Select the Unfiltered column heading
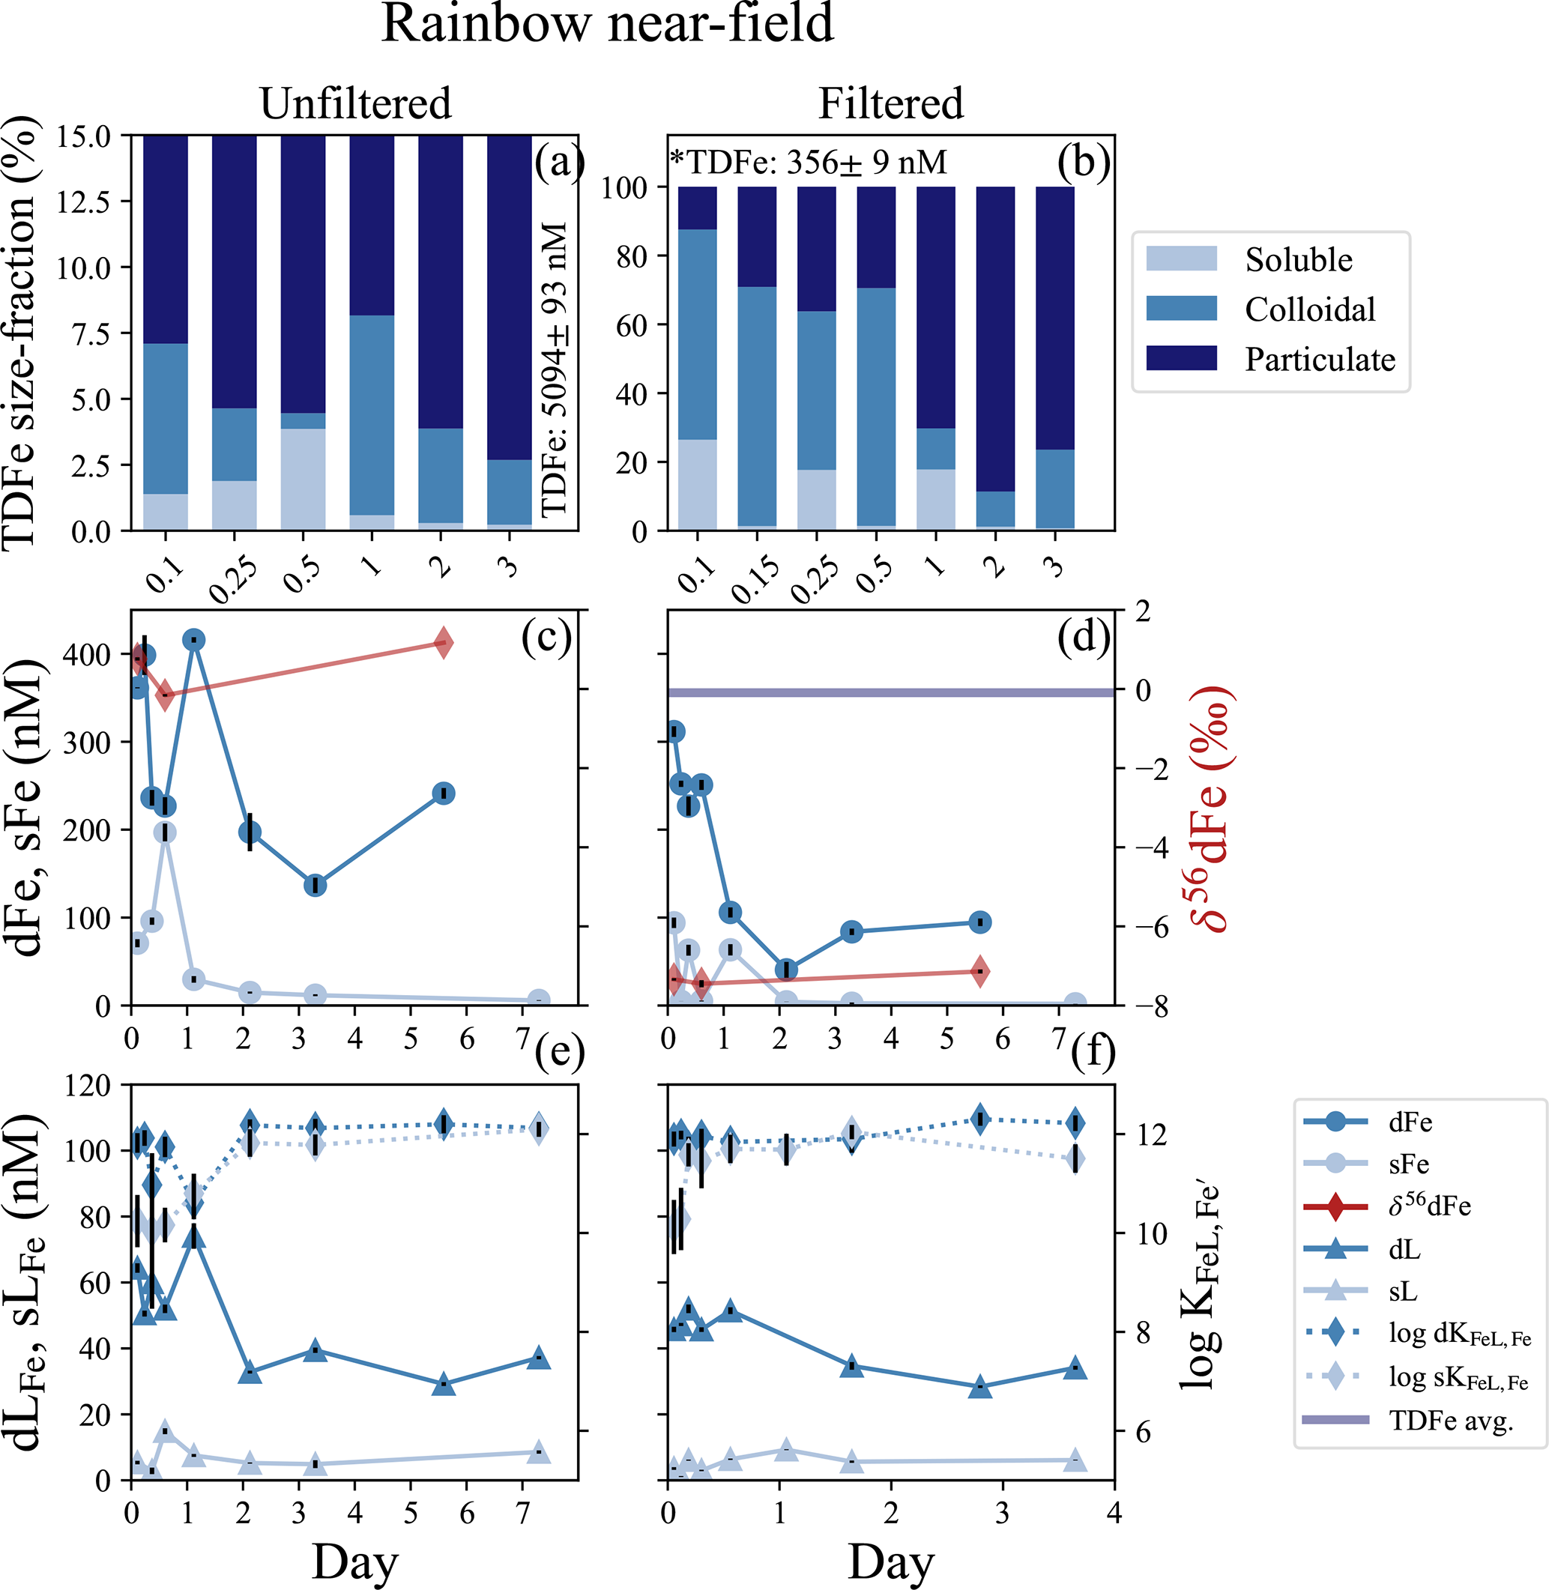[355, 104]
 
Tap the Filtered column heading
[890, 104]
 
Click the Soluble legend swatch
[1181, 259]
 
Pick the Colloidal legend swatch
[1181, 308]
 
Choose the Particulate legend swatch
[1181, 358]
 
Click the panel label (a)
[559, 163]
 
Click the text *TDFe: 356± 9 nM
[809, 163]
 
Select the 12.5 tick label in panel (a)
[83, 201]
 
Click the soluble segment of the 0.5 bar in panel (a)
[304, 479]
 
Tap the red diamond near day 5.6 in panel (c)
[443, 644]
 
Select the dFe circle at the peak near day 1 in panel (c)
[193, 640]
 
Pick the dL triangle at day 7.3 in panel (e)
[538, 1358]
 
